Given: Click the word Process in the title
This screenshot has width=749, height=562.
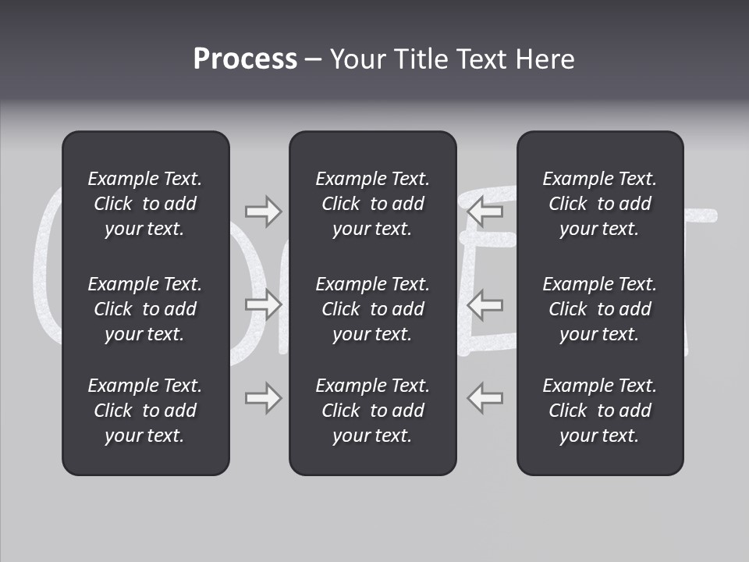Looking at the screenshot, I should (x=245, y=59).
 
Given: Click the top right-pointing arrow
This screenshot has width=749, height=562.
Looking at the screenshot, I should (x=264, y=211).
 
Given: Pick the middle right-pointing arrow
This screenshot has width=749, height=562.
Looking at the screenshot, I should (x=264, y=304).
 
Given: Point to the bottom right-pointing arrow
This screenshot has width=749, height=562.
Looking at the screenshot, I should (x=264, y=397).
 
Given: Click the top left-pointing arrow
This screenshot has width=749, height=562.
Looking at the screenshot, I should (x=485, y=211).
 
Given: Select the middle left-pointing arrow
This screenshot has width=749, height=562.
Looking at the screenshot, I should (x=485, y=304).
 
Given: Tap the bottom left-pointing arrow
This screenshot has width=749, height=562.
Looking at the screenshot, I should (x=485, y=397).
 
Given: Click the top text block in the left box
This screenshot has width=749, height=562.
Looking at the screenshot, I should (x=145, y=204).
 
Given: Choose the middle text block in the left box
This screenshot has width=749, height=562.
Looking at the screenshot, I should (x=145, y=309).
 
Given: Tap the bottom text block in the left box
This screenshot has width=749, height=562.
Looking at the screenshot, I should (x=145, y=411).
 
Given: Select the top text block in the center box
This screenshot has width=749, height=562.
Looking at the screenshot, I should (x=372, y=204).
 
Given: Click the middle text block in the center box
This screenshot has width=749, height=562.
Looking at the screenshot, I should (x=372, y=309).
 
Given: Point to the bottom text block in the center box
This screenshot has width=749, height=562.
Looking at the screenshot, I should (x=372, y=411).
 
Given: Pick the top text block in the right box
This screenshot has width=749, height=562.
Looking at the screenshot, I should (x=599, y=204).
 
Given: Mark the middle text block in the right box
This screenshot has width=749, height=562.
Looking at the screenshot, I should (x=599, y=309).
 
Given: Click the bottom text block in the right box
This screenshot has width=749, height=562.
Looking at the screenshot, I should (x=599, y=411).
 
